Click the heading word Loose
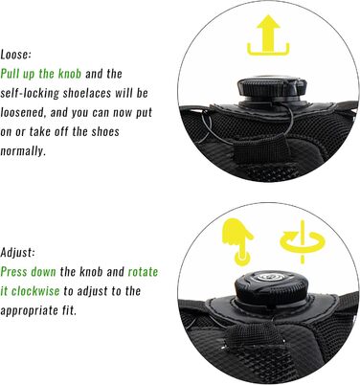[15, 55]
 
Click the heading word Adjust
[17, 253]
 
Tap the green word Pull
[11, 74]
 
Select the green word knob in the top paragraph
[70, 74]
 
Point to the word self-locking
[30, 93]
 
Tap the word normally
[23, 151]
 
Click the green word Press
[14, 272]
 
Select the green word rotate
[143, 272]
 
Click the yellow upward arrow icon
[268, 35]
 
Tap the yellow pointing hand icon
[238, 241]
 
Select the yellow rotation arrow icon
[302, 241]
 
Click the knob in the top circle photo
[272, 88]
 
